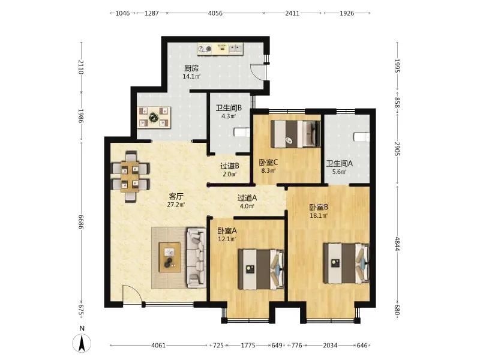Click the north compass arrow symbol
tap(82, 343)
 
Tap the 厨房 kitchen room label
tap(191, 68)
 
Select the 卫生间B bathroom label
tap(229, 108)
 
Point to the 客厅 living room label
tap(176, 196)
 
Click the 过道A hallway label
tap(247, 198)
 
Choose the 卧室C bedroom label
tap(268, 162)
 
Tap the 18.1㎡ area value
tap(319, 215)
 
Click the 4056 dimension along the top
tap(215, 13)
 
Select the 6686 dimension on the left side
tap(81, 221)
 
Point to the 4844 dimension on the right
tap(397, 244)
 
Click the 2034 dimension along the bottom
tap(330, 346)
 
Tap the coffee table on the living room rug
tap(170, 257)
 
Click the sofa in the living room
tap(196, 257)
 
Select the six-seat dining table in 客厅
tap(131, 176)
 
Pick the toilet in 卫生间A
tap(362, 137)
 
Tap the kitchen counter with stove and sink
tap(220, 49)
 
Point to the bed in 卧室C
tap(296, 134)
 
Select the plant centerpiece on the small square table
tap(153, 116)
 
